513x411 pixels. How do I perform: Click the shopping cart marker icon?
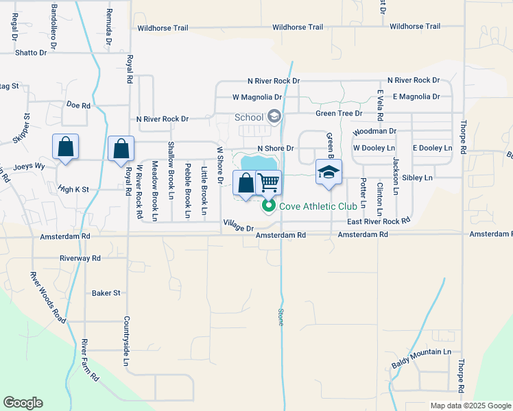tap(268, 182)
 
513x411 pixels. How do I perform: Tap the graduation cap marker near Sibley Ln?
tap(329, 172)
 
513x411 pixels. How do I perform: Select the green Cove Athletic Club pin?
tap(269, 205)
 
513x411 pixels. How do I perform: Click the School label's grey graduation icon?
tap(274, 117)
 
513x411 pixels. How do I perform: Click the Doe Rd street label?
tap(78, 105)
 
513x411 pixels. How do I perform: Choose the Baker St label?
tap(106, 292)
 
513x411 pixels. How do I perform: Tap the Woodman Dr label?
tap(374, 131)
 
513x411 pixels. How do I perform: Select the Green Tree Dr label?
tap(339, 113)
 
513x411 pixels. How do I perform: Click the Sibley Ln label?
tap(418, 177)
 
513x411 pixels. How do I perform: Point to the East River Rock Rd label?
tap(379, 221)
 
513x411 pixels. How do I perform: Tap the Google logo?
tap(23, 403)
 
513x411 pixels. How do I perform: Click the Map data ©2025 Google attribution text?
tap(470, 406)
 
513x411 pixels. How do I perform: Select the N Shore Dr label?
tap(275, 148)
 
